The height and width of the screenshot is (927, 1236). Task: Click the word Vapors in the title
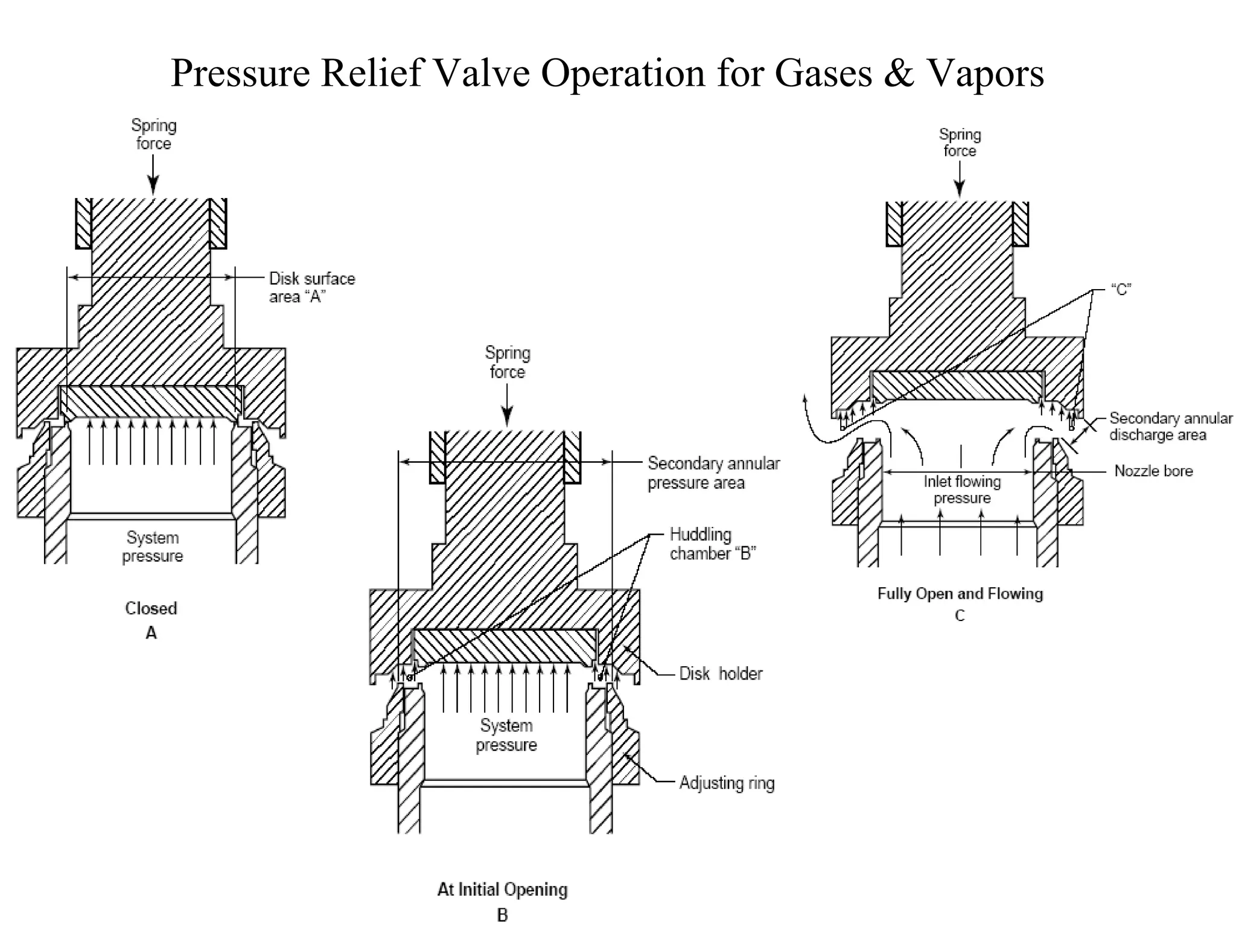click(985, 74)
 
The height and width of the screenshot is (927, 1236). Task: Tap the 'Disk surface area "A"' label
click(311, 287)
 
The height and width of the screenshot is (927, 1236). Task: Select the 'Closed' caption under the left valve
click(151, 608)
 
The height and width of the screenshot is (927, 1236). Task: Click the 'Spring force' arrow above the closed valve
click(153, 174)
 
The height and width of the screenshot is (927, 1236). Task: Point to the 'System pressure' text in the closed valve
click(152, 546)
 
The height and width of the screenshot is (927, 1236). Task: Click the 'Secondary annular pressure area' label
click(713, 473)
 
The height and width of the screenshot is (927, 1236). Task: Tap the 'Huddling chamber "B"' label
click(712, 543)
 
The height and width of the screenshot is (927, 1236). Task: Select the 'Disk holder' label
click(721, 673)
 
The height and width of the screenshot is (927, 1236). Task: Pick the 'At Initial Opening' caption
click(502, 889)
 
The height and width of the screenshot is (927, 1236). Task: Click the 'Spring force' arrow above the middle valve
click(507, 405)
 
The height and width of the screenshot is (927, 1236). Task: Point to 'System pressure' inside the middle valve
click(506, 734)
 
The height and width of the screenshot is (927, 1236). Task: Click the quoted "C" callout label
click(1121, 290)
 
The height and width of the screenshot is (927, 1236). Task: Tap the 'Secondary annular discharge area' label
click(1170, 426)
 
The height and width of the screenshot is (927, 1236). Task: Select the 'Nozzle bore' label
click(1153, 471)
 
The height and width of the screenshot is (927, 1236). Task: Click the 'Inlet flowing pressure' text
click(962, 489)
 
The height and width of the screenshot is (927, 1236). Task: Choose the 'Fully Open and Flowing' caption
click(960, 593)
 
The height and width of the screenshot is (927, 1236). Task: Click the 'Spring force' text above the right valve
click(960, 142)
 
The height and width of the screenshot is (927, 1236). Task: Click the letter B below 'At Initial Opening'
click(502, 915)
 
